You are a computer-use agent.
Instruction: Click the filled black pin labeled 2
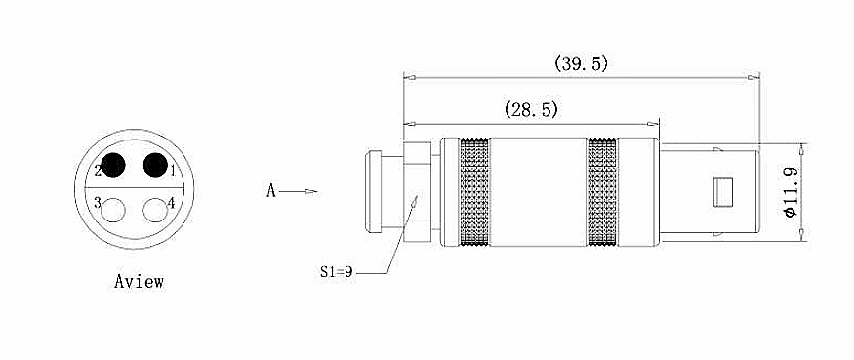tap(114, 165)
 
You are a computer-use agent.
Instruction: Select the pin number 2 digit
tap(99, 172)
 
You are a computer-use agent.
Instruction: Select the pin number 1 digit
tap(172, 172)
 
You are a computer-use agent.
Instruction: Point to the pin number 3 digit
tap(98, 204)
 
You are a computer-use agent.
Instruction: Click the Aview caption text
tap(139, 282)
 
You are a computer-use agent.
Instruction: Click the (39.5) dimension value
tap(581, 63)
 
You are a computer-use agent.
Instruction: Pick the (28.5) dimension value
tap(531, 110)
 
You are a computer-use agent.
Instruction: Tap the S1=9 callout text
tap(335, 272)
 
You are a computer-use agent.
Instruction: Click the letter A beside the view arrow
tap(272, 191)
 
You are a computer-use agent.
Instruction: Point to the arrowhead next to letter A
tap(310, 191)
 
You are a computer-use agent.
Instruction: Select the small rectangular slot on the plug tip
tap(722, 190)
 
